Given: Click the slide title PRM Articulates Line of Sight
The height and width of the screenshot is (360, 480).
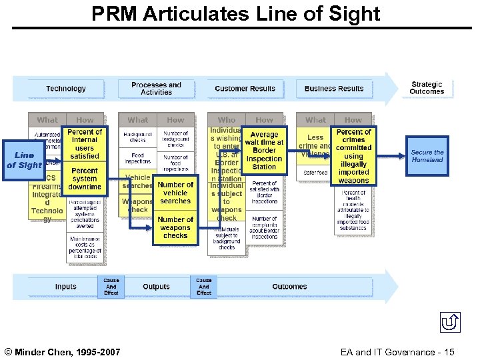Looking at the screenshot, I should (236, 14).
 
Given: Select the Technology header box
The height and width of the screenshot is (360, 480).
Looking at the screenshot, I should (66, 89).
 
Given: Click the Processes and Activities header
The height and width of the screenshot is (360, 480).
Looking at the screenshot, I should (156, 89).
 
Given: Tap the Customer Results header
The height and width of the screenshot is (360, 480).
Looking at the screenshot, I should (245, 89).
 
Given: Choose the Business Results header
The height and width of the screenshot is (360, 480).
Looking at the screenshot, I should (334, 89).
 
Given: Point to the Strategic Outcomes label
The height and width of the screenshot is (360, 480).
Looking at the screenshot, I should (427, 88).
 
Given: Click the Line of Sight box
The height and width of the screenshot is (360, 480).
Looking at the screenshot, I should (24, 160).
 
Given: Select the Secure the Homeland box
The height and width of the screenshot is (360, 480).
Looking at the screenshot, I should (427, 157).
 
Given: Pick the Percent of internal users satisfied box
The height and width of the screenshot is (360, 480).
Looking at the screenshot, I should (85, 144).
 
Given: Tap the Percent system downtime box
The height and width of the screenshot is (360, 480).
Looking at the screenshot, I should (85, 179).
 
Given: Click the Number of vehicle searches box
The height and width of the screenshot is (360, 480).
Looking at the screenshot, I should (175, 193).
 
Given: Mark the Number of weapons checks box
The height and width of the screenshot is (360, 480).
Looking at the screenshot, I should (175, 227).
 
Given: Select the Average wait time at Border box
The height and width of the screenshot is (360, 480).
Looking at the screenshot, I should (264, 151).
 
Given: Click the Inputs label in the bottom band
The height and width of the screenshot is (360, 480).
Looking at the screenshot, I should (65, 287).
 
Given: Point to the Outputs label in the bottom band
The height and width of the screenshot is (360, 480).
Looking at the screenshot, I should (156, 287).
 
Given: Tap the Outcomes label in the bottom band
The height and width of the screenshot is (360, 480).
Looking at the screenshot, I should (289, 287).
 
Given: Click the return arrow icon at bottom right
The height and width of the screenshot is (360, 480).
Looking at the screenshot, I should (451, 323).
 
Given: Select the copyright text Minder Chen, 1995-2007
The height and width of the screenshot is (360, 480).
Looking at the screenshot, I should (63, 351).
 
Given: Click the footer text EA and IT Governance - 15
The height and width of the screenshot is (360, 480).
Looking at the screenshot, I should (397, 351).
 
